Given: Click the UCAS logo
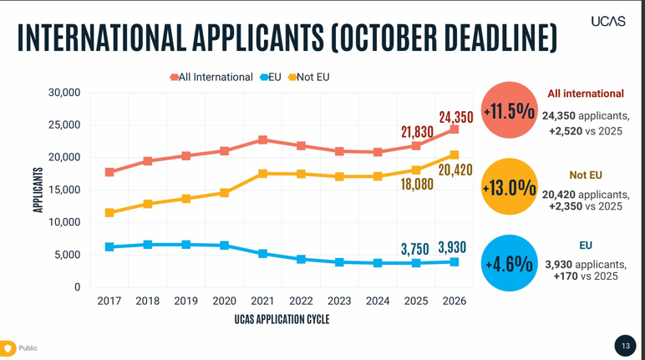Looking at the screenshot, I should click(x=607, y=21).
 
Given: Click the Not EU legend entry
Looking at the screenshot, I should click(x=309, y=77).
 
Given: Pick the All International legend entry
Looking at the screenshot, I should click(x=211, y=77).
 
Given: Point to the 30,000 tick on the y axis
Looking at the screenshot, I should click(x=63, y=93).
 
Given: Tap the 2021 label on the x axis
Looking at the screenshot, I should click(x=262, y=301).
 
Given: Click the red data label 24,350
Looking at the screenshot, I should click(x=455, y=117).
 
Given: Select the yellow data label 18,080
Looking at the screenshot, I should click(x=417, y=184).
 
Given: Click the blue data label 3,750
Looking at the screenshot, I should click(x=414, y=248).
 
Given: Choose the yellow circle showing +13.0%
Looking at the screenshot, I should click(x=508, y=187).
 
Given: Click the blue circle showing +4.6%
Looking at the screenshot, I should click(x=508, y=263).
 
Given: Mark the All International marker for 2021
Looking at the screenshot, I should click(x=262, y=139).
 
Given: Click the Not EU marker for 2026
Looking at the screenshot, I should click(x=455, y=155).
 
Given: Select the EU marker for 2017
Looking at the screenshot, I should click(x=109, y=247).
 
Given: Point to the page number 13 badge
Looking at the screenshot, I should click(x=625, y=346).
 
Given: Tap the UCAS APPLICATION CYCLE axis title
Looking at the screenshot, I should click(x=282, y=319).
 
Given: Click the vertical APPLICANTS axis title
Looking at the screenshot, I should click(x=38, y=190).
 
